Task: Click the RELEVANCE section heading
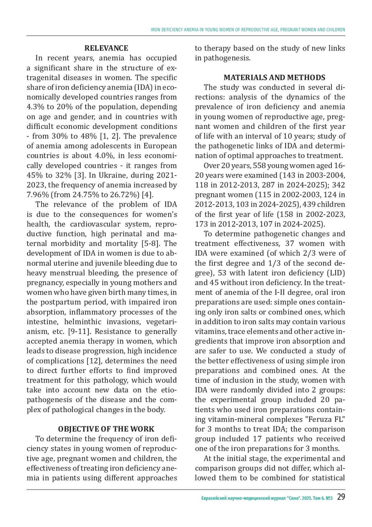click(x=106, y=48)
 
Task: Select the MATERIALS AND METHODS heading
click(x=274, y=77)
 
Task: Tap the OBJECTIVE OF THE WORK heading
click(x=106, y=429)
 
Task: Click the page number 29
click(x=341, y=497)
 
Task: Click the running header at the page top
click(x=248, y=30)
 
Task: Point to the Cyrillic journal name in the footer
click(x=267, y=498)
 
